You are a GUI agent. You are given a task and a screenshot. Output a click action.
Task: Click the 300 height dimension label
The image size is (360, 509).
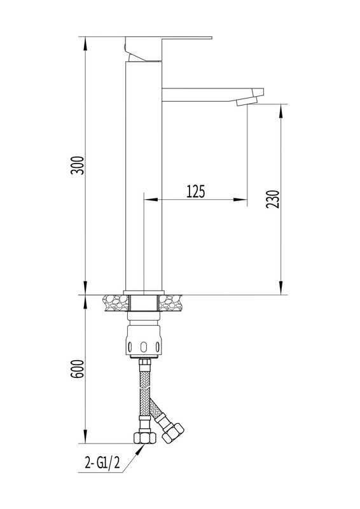(x=78, y=165)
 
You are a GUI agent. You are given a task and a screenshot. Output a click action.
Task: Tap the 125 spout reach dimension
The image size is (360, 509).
(x=196, y=192)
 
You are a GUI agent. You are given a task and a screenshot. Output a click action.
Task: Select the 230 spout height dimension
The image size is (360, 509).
(x=272, y=199)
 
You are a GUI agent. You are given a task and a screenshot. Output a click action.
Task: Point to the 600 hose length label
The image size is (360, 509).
(x=78, y=369)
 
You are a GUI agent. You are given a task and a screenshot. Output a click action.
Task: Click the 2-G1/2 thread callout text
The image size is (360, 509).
(x=102, y=463)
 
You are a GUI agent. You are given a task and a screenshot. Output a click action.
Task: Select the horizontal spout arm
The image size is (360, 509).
(x=212, y=94)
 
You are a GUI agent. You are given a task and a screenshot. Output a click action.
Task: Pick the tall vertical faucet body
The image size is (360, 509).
(x=144, y=175)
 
